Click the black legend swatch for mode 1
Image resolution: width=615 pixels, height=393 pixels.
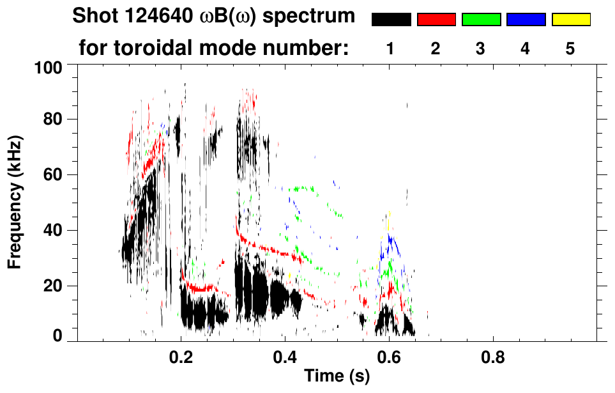pyautogui.click(x=391, y=20)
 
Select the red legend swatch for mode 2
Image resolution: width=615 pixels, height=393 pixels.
pyautogui.click(x=436, y=20)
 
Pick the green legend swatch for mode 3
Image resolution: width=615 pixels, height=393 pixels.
pyautogui.click(x=481, y=20)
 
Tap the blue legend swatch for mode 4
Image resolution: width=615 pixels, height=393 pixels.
pyautogui.click(x=526, y=20)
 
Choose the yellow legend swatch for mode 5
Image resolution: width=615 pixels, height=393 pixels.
pyautogui.click(x=570, y=20)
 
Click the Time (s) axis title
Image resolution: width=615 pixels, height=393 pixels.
pyautogui.click(x=336, y=377)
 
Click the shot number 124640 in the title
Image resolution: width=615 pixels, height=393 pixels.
pyautogui.click(x=156, y=17)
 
